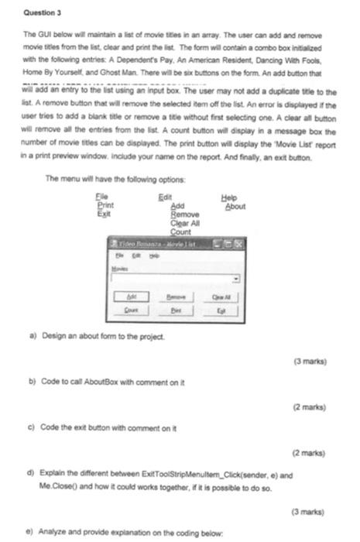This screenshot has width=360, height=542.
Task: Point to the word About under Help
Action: coord(235,207)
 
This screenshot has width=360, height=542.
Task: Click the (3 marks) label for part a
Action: coord(311,362)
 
